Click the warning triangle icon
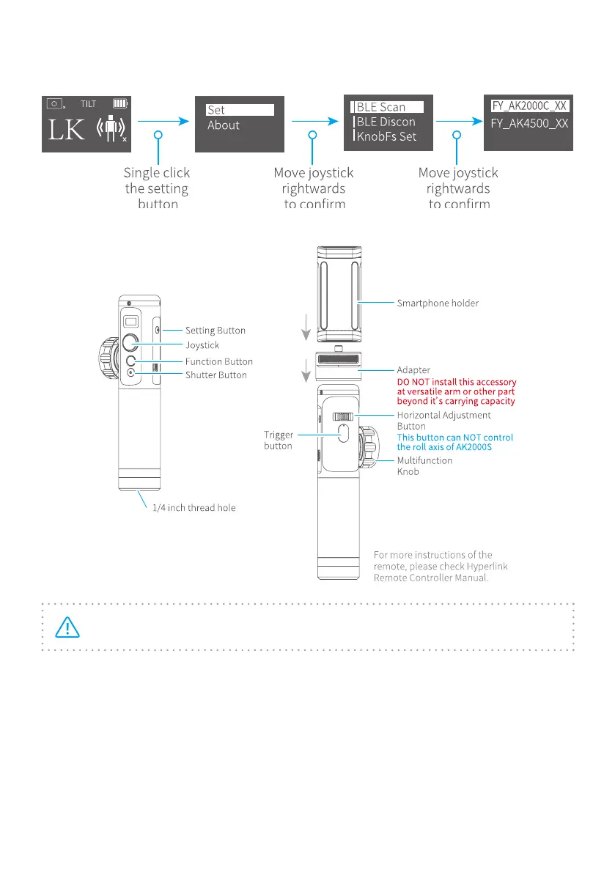click(67, 627)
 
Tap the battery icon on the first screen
click(120, 103)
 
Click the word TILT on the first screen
click(88, 104)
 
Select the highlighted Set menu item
click(240, 110)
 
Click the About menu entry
click(224, 125)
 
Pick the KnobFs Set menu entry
click(386, 136)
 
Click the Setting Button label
click(216, 331)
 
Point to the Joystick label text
click(202, 345)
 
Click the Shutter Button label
click(216, 375)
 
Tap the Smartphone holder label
click(438, 302)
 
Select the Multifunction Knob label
click(424, 467)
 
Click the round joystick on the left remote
click(130, 342)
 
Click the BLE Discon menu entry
click(385, 122)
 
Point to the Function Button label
click(219, 361)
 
